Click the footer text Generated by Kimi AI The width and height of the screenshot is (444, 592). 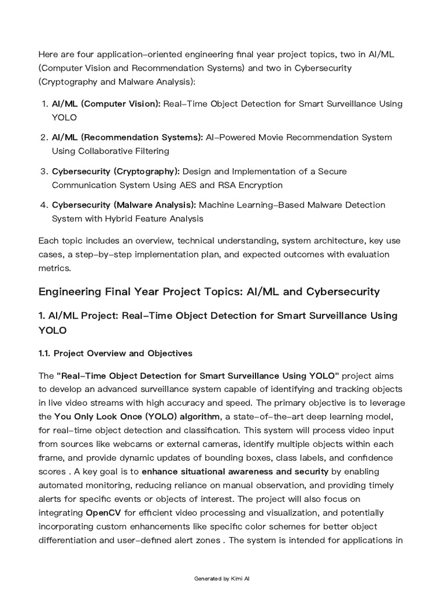point(222,578)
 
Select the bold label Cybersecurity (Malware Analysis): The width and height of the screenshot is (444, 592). point(124,205)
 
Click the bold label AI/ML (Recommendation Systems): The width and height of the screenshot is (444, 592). point(127,138)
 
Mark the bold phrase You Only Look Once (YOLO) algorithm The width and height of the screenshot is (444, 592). point(137,417)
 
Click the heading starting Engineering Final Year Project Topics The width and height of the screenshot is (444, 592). point(209,291)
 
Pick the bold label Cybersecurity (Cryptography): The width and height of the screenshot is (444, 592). point(116,172)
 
